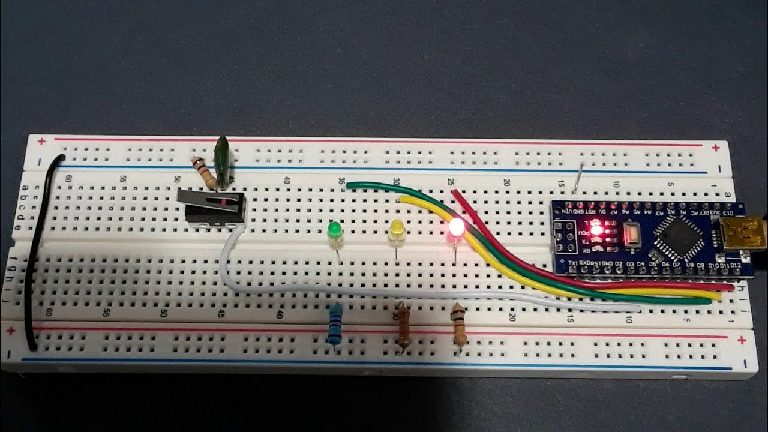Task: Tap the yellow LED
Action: [397, 230]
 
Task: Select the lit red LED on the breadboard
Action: [456, 229]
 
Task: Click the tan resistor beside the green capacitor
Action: [204, 172]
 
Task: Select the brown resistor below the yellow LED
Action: [403, 327]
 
